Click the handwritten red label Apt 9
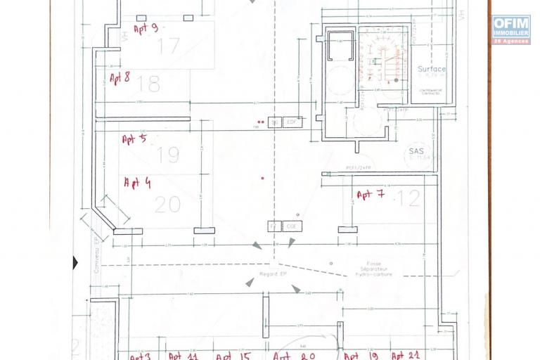(146, 29)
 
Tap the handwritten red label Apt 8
(120, 77)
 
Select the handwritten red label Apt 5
(134, 139)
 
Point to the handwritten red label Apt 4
(137, 183)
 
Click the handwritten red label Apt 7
(370, 195)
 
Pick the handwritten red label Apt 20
(293, 356)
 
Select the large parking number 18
(148, 84)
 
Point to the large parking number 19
(168, 154)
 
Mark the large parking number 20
(167, 205)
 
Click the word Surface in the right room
(431, 70)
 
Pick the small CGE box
(292, 226)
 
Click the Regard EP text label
(273, 273)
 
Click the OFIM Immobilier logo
(511, 30)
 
